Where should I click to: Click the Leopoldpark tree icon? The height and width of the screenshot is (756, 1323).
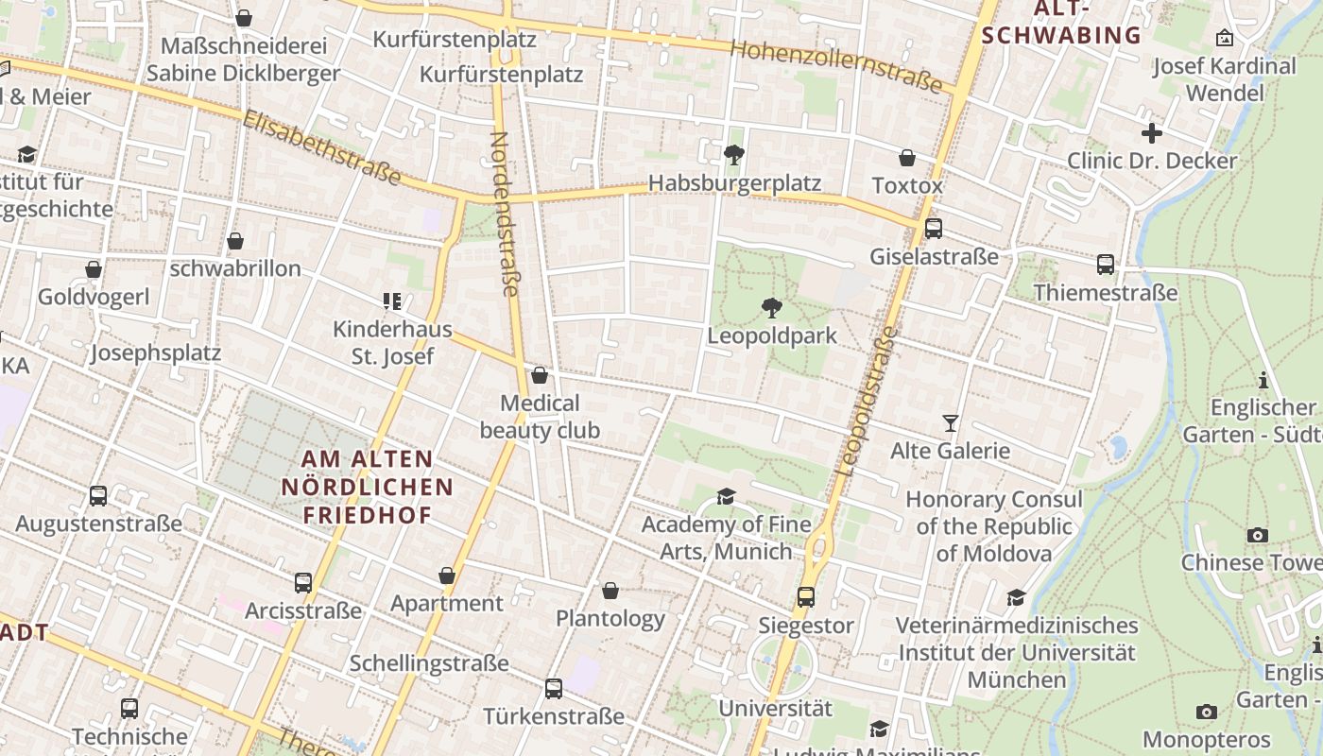771,307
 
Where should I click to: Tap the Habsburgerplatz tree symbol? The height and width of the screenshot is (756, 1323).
733,154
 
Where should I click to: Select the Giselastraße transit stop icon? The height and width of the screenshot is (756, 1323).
934,228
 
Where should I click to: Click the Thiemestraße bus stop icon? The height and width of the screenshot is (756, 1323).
1105,265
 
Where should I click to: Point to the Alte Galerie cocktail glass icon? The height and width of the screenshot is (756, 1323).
951,422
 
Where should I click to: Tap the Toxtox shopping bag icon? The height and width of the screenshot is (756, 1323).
907,157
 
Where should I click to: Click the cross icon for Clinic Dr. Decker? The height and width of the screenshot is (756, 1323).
1151,133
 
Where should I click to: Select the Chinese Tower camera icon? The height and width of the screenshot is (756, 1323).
1257,535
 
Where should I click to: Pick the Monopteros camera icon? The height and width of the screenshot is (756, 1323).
1206,712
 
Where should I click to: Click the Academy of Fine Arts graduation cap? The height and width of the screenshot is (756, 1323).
726,496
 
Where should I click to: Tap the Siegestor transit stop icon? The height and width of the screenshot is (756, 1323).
805,596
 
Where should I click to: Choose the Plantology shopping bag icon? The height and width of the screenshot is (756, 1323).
610,591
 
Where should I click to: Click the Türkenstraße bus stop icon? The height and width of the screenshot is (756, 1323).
554,688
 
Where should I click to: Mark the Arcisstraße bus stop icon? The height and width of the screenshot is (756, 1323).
302,582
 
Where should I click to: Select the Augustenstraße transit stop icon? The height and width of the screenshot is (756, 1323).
97,495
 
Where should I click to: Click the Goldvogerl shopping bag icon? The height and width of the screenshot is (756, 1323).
94,270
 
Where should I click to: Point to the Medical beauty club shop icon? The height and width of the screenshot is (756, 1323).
540,375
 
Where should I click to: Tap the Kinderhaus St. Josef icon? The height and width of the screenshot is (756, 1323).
392,301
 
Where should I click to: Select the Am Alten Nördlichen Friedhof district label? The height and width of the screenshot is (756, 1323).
367,487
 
